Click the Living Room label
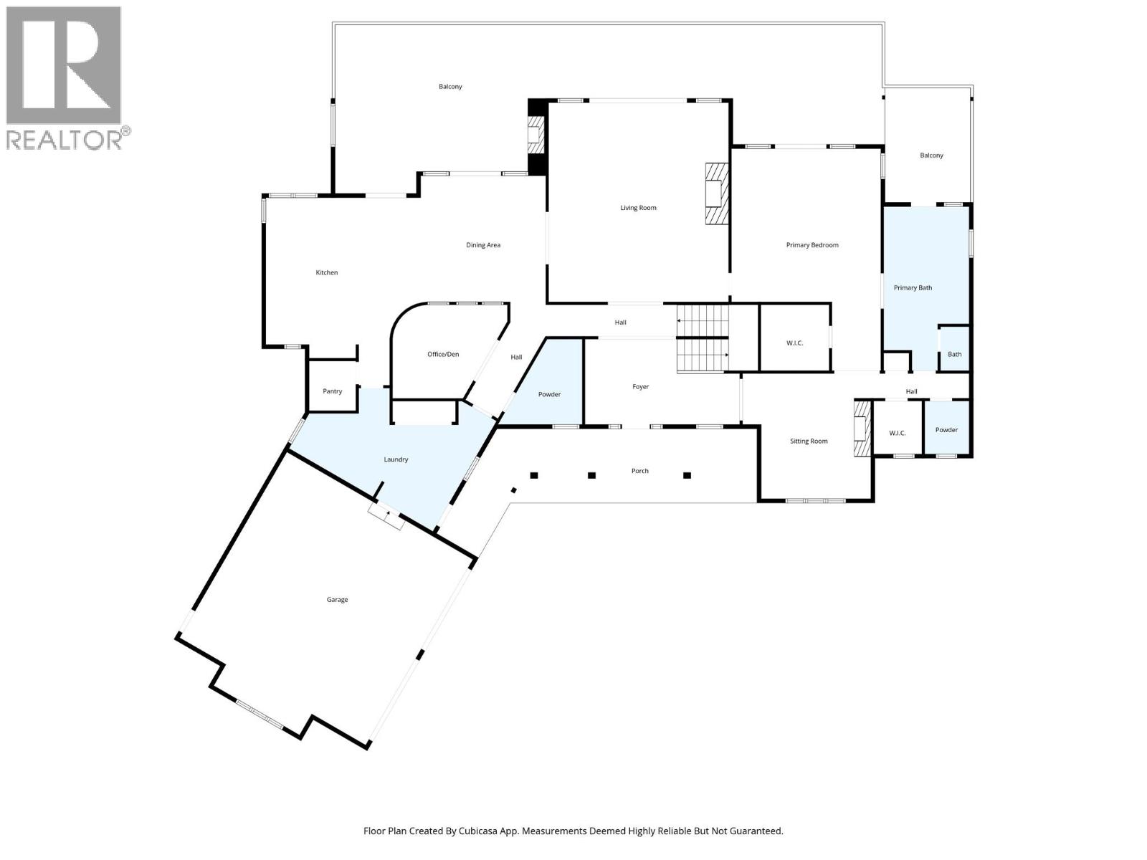638,208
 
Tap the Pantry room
332,391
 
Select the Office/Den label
443,354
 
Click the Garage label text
337,600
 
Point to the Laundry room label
396,459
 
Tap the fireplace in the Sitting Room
860,428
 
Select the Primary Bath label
913,288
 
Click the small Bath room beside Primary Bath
954,354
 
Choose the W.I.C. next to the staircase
794,343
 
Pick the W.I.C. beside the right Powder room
897,433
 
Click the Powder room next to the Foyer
549,394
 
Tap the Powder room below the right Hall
946,430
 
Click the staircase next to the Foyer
703,338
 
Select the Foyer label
640,387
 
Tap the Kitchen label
327,272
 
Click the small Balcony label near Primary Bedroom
931,156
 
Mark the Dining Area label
483,245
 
